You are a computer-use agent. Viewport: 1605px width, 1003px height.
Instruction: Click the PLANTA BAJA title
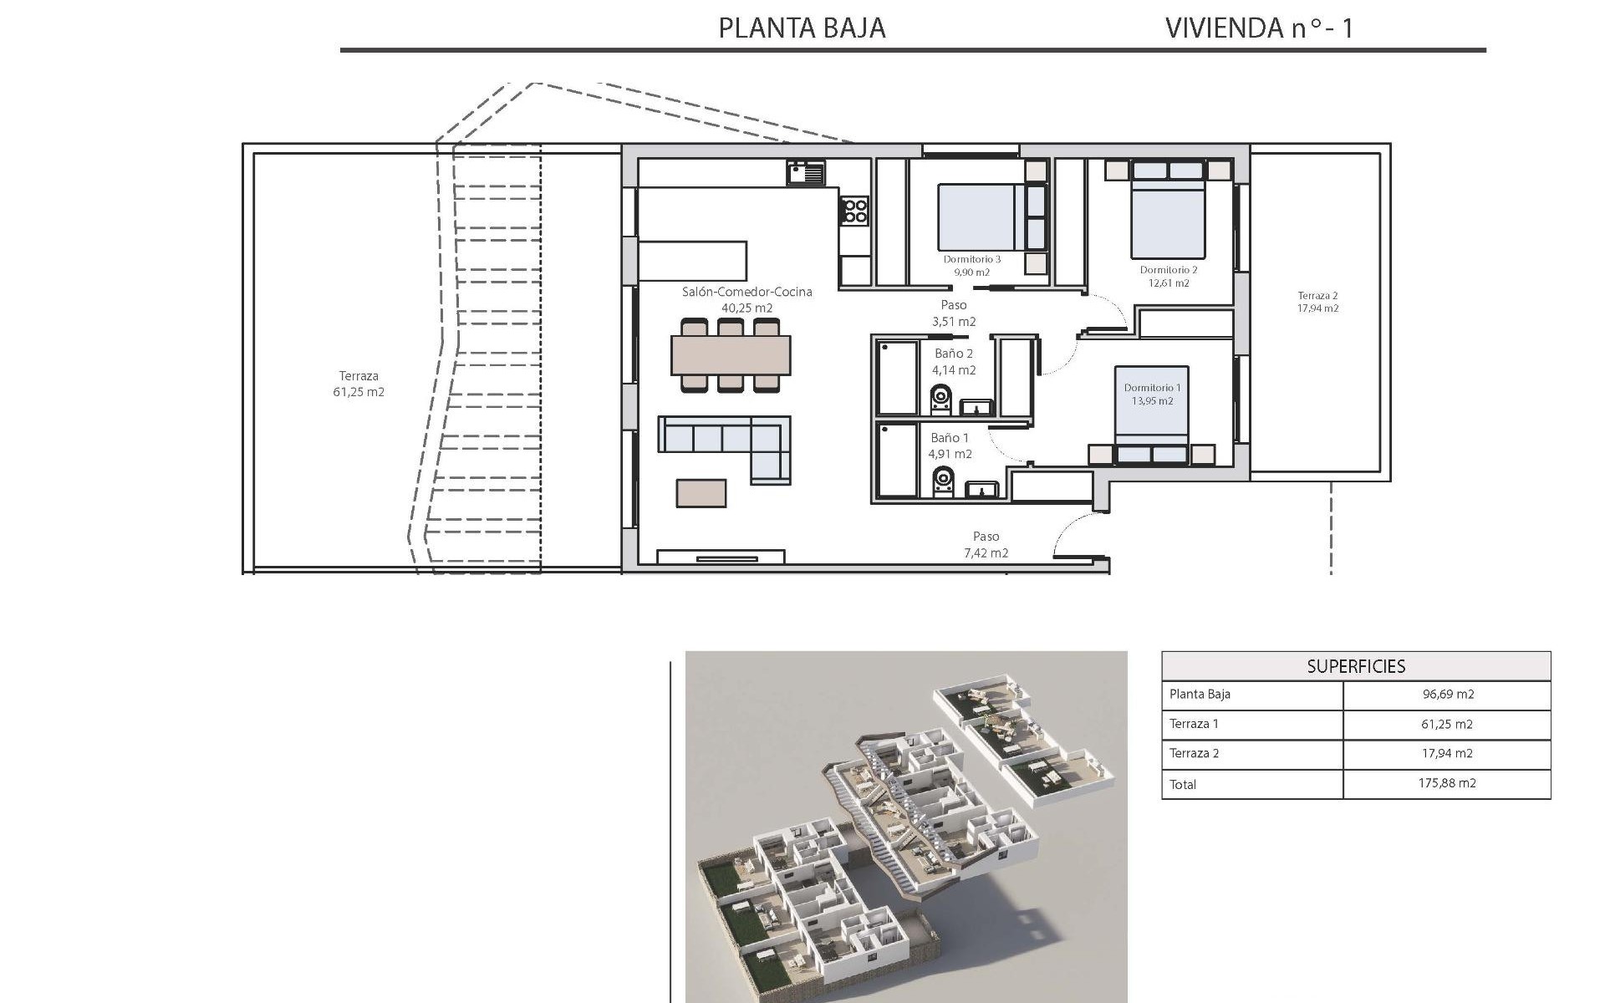tap(802, 28)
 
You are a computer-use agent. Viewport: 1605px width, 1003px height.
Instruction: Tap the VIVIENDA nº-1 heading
tap(1259, 28)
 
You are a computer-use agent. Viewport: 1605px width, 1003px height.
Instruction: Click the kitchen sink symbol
tap(805, 174)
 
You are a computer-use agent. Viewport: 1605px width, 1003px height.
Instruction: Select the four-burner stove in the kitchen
tap(854, 210)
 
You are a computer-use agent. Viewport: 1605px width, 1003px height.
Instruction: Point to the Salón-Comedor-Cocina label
tap(747, 292)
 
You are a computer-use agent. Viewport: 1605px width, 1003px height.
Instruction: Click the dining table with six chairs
tap(731, 355)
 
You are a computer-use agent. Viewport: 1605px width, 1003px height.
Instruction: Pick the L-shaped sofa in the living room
tap(725, 446)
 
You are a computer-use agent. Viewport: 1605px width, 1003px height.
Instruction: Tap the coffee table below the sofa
tap(701, 492)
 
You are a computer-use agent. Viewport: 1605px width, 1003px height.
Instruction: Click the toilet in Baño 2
tap(941, 400)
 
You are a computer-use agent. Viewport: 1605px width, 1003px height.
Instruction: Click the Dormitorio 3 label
tap(972, 259)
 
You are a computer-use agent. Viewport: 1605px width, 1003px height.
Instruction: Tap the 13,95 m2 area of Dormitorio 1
tap(1153, 401)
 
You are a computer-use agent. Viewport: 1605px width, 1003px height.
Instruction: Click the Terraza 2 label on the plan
tap(1317, 296)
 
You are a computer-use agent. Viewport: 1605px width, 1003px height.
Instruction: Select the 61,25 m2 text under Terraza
tap(359, 392)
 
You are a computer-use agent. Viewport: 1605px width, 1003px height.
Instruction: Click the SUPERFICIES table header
tap(1356, 666)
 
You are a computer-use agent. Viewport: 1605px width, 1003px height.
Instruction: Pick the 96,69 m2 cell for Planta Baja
tap(1447, 695)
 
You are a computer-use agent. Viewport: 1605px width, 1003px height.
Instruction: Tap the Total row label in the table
tap(1183, 784)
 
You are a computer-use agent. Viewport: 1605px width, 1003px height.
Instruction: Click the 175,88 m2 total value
tap(1447, 783)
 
